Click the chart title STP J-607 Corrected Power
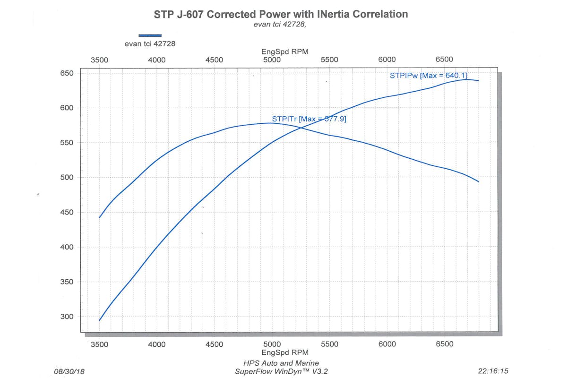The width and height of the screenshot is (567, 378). tap(281, 14)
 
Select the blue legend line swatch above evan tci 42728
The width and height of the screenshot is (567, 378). tap(150, 35)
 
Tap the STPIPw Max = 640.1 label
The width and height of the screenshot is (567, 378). tap(429, 75)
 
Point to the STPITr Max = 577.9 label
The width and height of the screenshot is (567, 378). tap(309, 119)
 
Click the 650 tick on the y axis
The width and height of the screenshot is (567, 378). tap(67, 73)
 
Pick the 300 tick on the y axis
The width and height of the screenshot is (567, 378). tap(67, 317)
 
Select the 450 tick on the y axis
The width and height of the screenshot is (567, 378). tap(67, 213)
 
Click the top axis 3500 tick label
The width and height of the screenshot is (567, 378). tap(99, 60)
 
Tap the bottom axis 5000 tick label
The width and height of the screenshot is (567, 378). tap(272, 344)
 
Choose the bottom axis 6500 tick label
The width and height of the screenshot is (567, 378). tap(444, 344)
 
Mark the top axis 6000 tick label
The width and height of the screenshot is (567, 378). tap(387, 60)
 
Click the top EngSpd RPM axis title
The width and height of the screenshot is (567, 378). tap(284, 52)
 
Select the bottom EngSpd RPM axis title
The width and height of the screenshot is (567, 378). tap(284, 352)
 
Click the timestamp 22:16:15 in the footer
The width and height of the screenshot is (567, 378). tap(493, 371)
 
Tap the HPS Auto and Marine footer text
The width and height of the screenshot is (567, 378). tap(281, 363)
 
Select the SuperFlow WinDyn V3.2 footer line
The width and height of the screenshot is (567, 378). tap(281, 371)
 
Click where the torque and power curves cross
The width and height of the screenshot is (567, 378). tap(302, 128)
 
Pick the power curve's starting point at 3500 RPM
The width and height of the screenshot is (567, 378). tap(99, 320)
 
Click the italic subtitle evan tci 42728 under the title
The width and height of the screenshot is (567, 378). tap(280, 25)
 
